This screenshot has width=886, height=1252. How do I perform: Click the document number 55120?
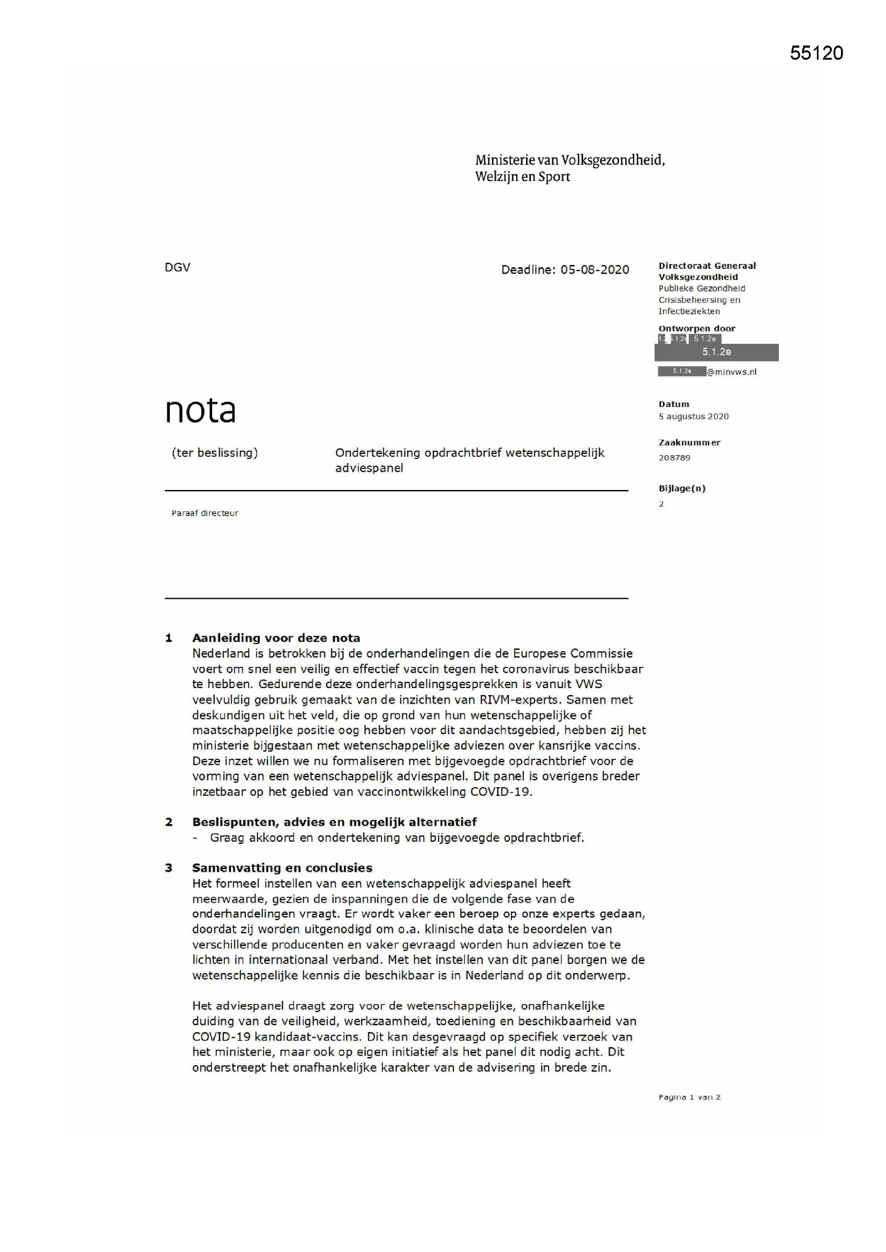click(x=816, y=53)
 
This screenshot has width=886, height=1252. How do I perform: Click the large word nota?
click(x=200, y=410)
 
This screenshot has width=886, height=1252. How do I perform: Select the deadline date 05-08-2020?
click(x=595, y=269)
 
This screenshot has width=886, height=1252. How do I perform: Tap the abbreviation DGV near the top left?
click(x=177, y=267)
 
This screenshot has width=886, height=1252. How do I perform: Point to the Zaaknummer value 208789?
click(x=674, y=457)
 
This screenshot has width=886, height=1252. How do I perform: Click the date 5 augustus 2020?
click(x=693, y=416)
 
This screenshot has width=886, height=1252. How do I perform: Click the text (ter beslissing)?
click(x=214, y=452)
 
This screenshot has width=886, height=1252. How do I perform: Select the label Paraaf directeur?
click(x=205, y=513)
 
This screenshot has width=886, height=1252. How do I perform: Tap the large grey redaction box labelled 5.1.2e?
click(x=716, y=352)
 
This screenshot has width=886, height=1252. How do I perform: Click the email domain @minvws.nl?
click(x=732, y=372)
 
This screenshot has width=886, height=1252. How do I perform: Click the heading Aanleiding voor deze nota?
click(x=276, y=638)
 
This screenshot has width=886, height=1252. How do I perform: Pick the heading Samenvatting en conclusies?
click(x=282, y=868)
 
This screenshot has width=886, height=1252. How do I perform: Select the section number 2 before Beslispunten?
click(x=169, y=822)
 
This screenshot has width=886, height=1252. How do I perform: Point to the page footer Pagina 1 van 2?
click(x=689, y=1097)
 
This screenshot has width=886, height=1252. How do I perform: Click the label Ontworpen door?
click(x=697, y=328)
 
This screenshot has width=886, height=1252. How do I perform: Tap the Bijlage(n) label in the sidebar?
click(x=682, y=488)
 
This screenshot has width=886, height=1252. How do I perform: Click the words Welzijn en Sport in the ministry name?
click(x=522, y=177)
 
